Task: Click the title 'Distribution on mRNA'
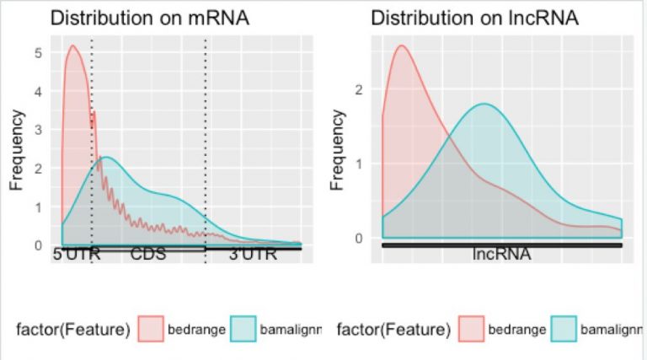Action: click(150, 18)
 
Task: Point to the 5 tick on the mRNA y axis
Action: click(37, 51)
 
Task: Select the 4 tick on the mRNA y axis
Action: click(37, 90)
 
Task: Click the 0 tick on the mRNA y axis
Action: click(37, 245)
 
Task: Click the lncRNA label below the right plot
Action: click(501, 254)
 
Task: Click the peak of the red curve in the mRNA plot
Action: click(72, 46)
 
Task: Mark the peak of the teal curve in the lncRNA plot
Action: click(484, 104)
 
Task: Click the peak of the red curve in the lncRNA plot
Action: click(402, 46)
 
